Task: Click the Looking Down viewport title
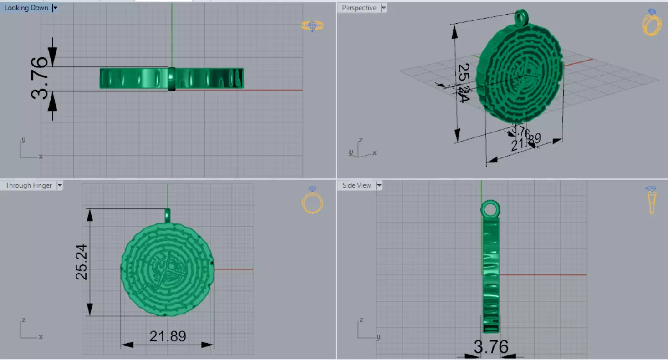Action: point(26,8)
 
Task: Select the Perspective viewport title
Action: point(359,8)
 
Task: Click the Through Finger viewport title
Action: point(29,185)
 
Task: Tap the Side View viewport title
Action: point(357,185)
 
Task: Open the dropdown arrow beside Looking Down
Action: point(55,8)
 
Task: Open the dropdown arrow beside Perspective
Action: point(384,8)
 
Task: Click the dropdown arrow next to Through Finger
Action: point(60,185)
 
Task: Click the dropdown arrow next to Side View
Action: point(378,185)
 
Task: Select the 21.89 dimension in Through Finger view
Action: point(168,336)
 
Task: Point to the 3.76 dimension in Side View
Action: point(491,347)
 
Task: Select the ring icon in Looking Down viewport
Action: point(312,26)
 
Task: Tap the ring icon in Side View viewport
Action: point(652,200)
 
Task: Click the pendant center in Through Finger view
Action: point(168,269)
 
